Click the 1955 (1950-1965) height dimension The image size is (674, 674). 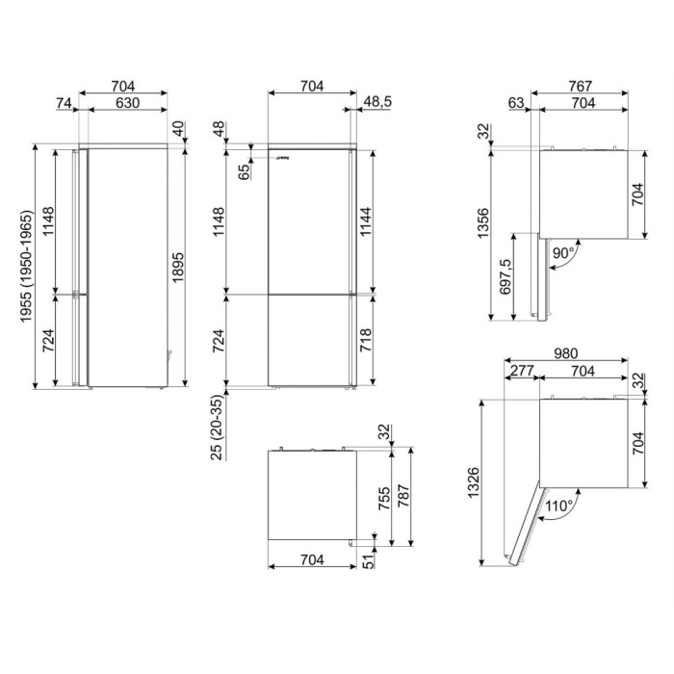click(26, 266)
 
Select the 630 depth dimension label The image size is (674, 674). click(128, 103)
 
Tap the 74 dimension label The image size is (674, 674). click(64, 103)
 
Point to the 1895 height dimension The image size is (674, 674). click(177, 267)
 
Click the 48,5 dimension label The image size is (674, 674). click(377, 102)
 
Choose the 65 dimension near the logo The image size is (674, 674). click(245, 172)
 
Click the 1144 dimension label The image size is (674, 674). click(365, 220)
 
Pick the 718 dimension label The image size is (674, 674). click(365, 340)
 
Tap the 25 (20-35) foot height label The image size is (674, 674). click(218, 428)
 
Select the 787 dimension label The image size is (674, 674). click(403, 496)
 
